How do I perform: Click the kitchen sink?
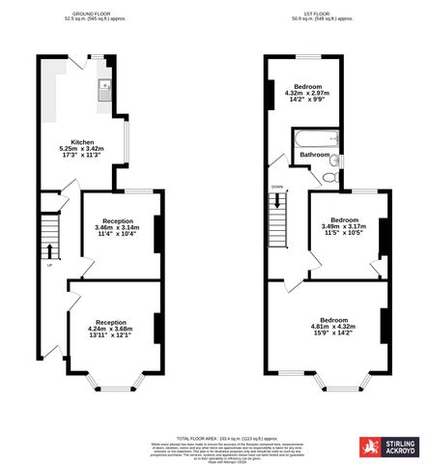tap(103, 91)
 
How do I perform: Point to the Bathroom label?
tap(315, 155)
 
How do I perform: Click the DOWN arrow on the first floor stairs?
tap(278, 202)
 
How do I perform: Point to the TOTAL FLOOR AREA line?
tap(213, 437)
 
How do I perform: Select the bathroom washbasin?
tap(331, 161)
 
